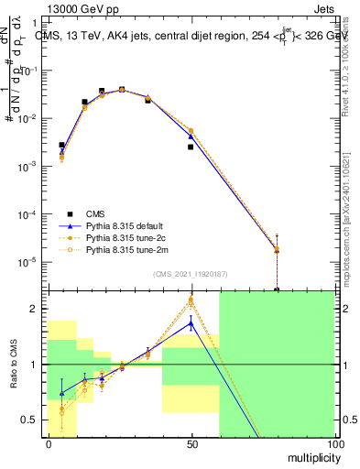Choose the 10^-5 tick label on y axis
point(24,262)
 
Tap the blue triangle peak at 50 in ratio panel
point(191,322)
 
